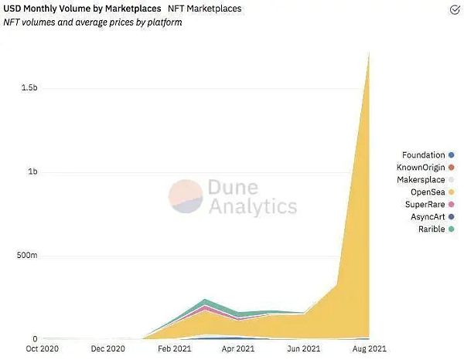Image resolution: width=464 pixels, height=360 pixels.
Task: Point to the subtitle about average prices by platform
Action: (93, 22)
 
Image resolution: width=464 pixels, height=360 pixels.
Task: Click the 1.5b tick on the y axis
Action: (29, 89)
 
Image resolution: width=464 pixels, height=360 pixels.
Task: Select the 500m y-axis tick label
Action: (28, 256)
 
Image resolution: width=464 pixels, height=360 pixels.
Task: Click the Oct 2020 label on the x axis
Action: (43, 349)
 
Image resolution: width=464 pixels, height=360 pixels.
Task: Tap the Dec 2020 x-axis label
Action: (108, 349)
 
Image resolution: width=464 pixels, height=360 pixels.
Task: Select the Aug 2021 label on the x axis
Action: (370, 349)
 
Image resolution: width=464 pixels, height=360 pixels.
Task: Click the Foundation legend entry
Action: (423, 155)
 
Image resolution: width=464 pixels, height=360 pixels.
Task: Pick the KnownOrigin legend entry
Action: (421, 168)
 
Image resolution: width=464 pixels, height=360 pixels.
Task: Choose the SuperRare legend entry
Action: (424, 205)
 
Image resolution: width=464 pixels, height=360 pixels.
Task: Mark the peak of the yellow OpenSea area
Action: (369, 54)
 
